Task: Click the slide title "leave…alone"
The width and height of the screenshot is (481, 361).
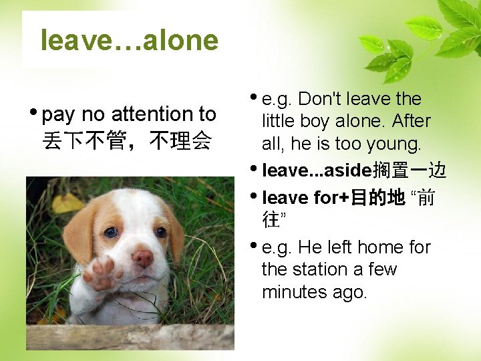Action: tap(129, 41)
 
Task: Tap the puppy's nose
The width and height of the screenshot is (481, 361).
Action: tap(142, 257)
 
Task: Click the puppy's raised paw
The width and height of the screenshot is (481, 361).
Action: tap(102, 273)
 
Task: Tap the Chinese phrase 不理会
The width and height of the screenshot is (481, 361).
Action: tap(181, 140)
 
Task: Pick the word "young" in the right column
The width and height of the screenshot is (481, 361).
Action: tap(392, 144)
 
